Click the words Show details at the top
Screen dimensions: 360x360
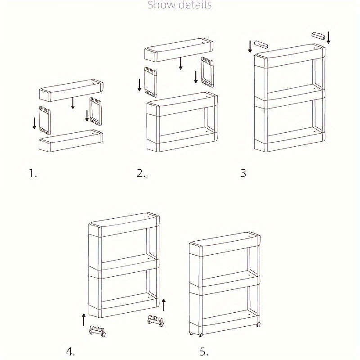coord(180,5)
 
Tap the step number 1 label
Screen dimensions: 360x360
coord(32,173)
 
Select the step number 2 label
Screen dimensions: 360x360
coord(140,173)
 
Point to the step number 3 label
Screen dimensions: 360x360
coord(243,173)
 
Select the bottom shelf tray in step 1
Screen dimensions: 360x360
coord(71,141)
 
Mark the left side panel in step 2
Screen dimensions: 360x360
coord(150,81)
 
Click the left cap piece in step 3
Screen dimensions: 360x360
coord(261,44)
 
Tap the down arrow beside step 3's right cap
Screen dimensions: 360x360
coord(328,37)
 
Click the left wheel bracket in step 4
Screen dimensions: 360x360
coord(98,331)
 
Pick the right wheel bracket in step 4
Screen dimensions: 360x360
coord(155,321)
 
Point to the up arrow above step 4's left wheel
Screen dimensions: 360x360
coord(84,320)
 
